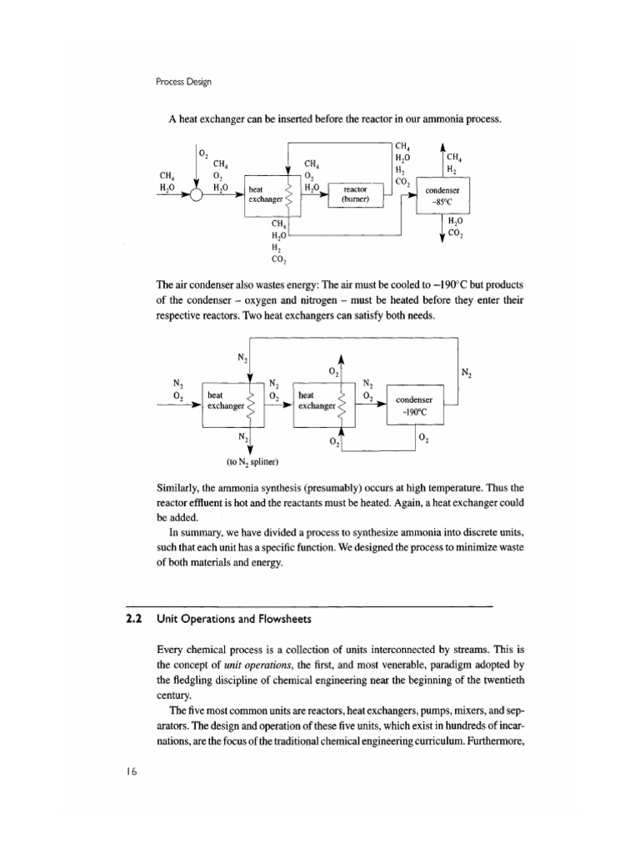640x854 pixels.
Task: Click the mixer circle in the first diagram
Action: pos(197,196)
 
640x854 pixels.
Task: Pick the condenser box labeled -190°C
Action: pos(422,404)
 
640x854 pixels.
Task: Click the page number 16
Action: pos(127,771)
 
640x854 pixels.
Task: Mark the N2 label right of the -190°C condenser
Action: pos(465,373)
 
